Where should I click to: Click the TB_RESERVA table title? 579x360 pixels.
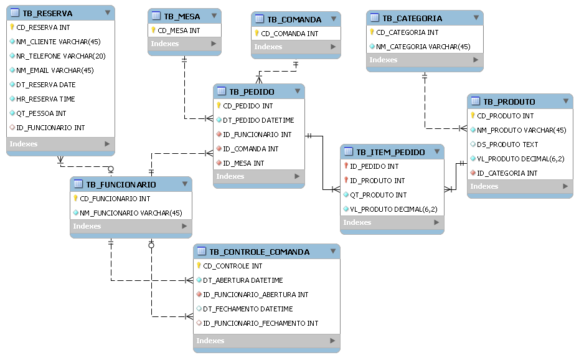coord(47,13)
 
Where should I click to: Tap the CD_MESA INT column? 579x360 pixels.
coord(179,30)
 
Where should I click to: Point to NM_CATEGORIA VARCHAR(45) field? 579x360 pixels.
coord(423,46)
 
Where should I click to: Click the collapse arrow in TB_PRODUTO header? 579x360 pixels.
coord(565,101)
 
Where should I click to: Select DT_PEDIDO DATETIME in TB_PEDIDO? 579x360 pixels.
coord(258,120)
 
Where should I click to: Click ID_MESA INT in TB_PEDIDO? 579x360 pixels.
coord(243,163)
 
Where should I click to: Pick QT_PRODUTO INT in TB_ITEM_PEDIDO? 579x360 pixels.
coord(378,195)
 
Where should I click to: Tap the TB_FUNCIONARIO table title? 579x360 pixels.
coord(121,184)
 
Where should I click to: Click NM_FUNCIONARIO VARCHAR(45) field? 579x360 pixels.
coord(130,213)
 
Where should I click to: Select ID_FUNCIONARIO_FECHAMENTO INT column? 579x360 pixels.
coord(260,323)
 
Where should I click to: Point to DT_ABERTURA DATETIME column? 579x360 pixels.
coord(243,280)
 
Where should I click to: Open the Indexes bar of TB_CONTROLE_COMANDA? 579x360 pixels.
coord(266,341)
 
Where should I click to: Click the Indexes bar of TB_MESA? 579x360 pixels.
coord(184,44)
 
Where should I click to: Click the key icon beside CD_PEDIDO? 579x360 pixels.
coord(219,106)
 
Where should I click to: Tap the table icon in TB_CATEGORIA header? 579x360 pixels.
coord(374,19)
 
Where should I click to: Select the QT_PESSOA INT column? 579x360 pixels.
coord(41,113)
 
